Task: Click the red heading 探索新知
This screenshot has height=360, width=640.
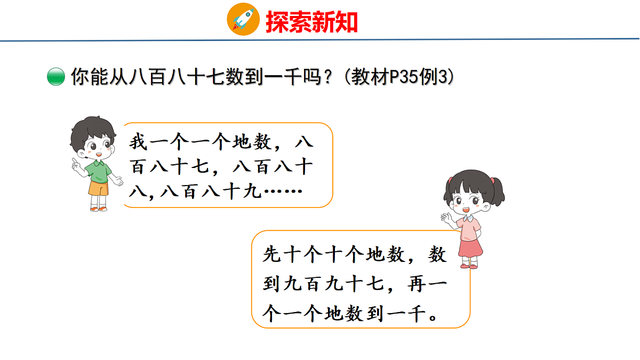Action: tap(311, 22)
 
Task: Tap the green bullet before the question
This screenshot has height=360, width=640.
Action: tap(55, 78)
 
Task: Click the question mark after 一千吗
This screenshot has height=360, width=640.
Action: tap(329, 78)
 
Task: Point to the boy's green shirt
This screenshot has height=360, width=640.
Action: tap(97, 172)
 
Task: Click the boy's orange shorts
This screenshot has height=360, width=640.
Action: tap(98, 188)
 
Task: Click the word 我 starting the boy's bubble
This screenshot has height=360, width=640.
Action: tap(137, 143)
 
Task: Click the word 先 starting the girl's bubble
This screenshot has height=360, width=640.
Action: tap(271, 255)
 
